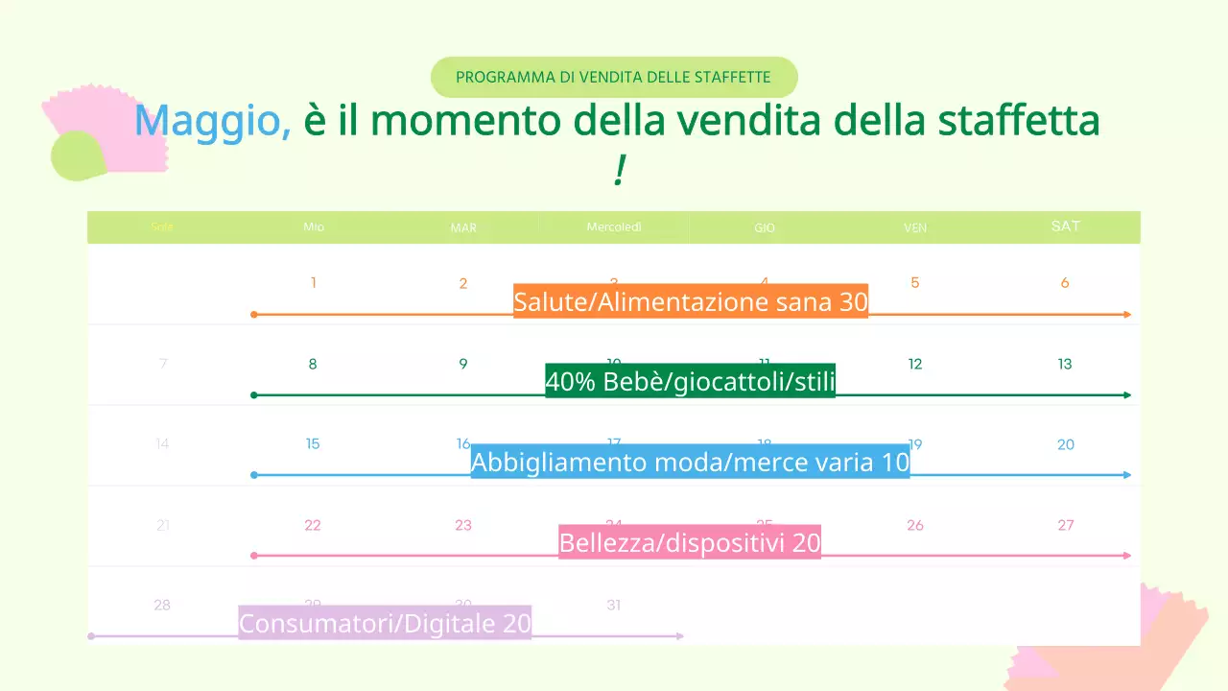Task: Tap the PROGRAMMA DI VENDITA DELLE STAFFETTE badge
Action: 614,77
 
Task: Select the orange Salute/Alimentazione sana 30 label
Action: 691,302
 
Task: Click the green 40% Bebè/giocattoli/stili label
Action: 691,382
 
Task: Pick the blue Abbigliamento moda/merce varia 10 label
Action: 691,463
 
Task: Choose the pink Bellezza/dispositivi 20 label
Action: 691,543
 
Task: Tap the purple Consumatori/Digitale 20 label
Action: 385,624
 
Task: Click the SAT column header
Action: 1065,226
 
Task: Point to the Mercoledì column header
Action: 614,227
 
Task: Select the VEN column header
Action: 915,228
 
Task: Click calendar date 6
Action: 1065,283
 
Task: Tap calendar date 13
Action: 1065,364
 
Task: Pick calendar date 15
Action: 313,444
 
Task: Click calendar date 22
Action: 313,525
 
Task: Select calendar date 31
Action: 614,606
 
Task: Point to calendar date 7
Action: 163,364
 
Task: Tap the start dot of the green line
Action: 253,395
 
